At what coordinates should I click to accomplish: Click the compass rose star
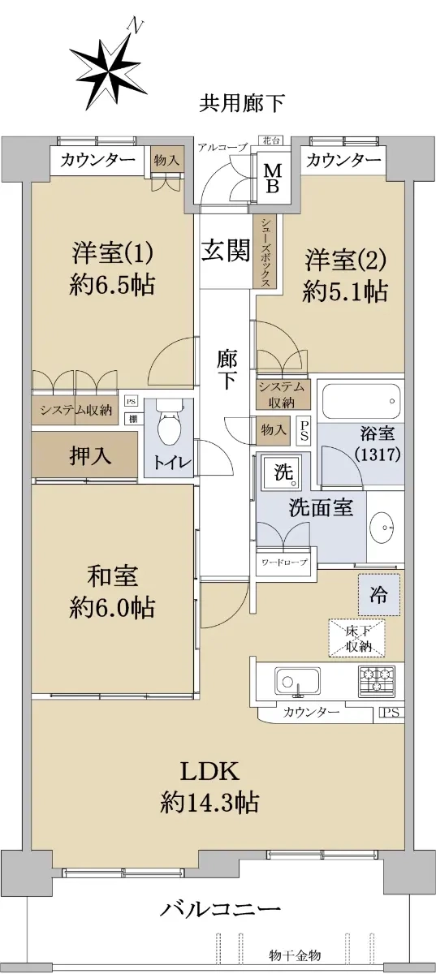pyautogui.click(x=110, y=71)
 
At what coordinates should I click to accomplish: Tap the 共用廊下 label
pyautogui.click(x=241, y=104)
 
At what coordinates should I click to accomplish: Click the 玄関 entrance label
pyautogui.click(x=226, y=251)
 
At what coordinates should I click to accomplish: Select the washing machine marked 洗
pyautogui.click(x=282, y=472)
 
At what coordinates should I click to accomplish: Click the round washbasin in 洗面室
pyautogui.click(x=384, y=528)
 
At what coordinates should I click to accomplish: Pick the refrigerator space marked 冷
pyautogui.click(x=379, y=595)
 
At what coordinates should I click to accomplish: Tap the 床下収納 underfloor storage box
pyautogui.click(x=357, y=638)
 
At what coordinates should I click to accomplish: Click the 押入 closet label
pyautogui.click(x=90, y=455)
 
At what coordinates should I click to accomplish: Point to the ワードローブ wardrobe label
pyautogui.click(x=284, y=562)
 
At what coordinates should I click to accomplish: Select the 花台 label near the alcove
pyautogui.click(x=272, y=140)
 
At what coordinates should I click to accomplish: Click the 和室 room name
pyautogui.click(x=112, y=576)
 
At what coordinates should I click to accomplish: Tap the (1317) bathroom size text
pyautogui.click(x=378, y=454)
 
